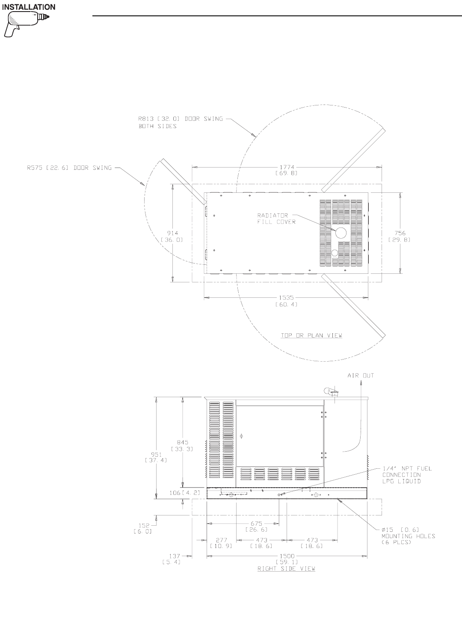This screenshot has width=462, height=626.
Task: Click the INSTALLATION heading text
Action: pyautogui.click(x=29, y=7)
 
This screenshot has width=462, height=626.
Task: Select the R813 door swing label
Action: pyautogui.click(x=181, y=122)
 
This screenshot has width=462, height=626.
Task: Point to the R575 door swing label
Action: pyautogui.click(x=69, y=168)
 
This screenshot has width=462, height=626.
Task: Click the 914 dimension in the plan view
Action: pyautogui.click(x=172, y=236)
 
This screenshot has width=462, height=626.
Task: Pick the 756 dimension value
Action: pyautogui.click(x=400, y=236)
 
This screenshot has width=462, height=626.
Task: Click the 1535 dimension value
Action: pyautogui.click(x=286, y=301)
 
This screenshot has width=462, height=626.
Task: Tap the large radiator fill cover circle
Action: pyautogui.click(x=341, y=233)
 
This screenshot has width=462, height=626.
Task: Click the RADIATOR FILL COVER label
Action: pyautogui.click(x=276, y=219)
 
